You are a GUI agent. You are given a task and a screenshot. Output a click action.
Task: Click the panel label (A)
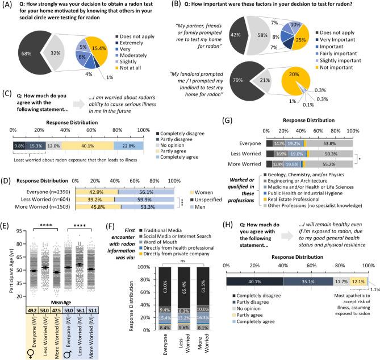click(9, 6)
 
